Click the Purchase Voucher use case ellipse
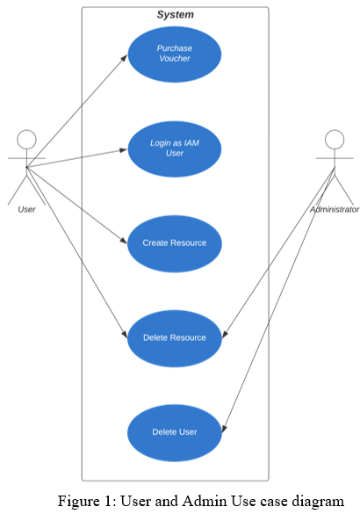click(175, 54)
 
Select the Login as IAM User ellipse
click(175, 149)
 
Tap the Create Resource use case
click(175, 243)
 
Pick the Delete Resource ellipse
click(175, 338)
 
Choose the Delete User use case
click(175, 432)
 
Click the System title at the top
click(176, 15)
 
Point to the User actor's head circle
click(26, 140)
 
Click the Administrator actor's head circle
click(335, 140)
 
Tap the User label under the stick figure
click(26, 209)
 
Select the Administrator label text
click(335, 209)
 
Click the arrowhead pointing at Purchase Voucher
click(124, 58)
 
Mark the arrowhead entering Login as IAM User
click(124, 150)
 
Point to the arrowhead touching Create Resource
click(124, 241)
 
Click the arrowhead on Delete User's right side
click(224, 429)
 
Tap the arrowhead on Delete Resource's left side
click(125, 335)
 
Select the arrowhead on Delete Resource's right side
click(225, 334)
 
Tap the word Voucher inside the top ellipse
click(175, 59)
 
